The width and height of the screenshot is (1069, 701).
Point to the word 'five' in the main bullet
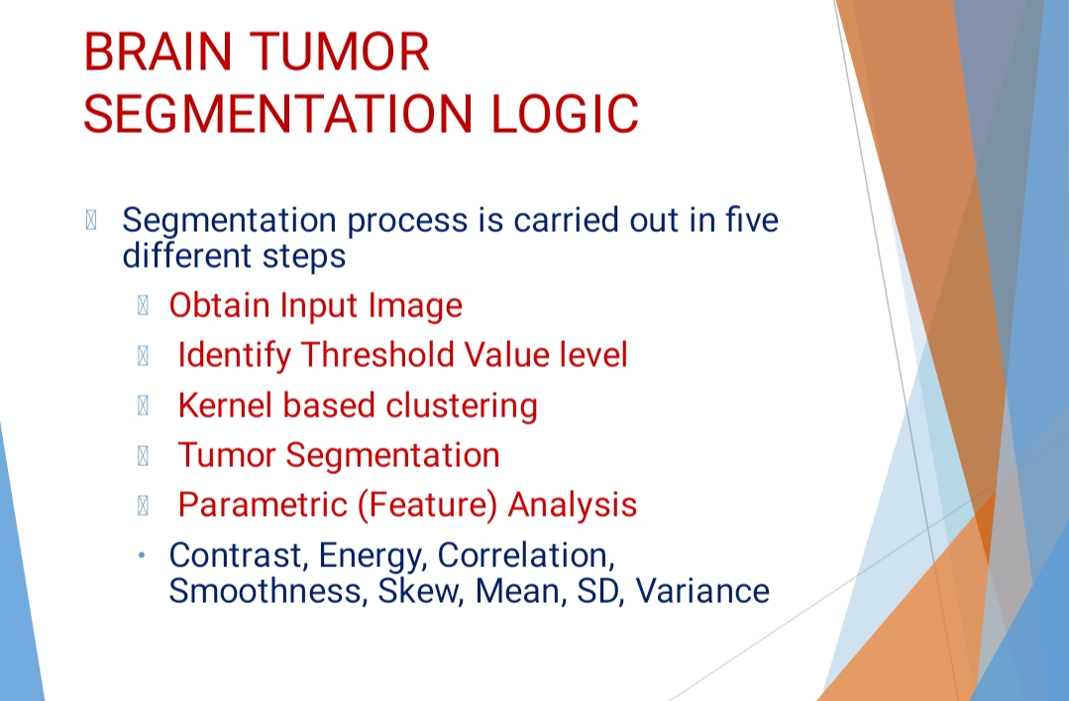tap(752, 219)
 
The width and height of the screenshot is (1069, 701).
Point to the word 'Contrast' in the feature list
tap(227, 554)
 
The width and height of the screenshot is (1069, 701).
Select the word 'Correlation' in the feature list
tap(522, 554)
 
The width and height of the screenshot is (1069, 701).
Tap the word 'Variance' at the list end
tap(702, 591)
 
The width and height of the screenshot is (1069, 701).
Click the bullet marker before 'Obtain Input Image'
tap(143, 305)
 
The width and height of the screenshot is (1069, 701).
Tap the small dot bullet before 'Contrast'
tap(143, 555)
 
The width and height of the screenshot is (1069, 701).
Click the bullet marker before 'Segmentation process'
tap(92, 220)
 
